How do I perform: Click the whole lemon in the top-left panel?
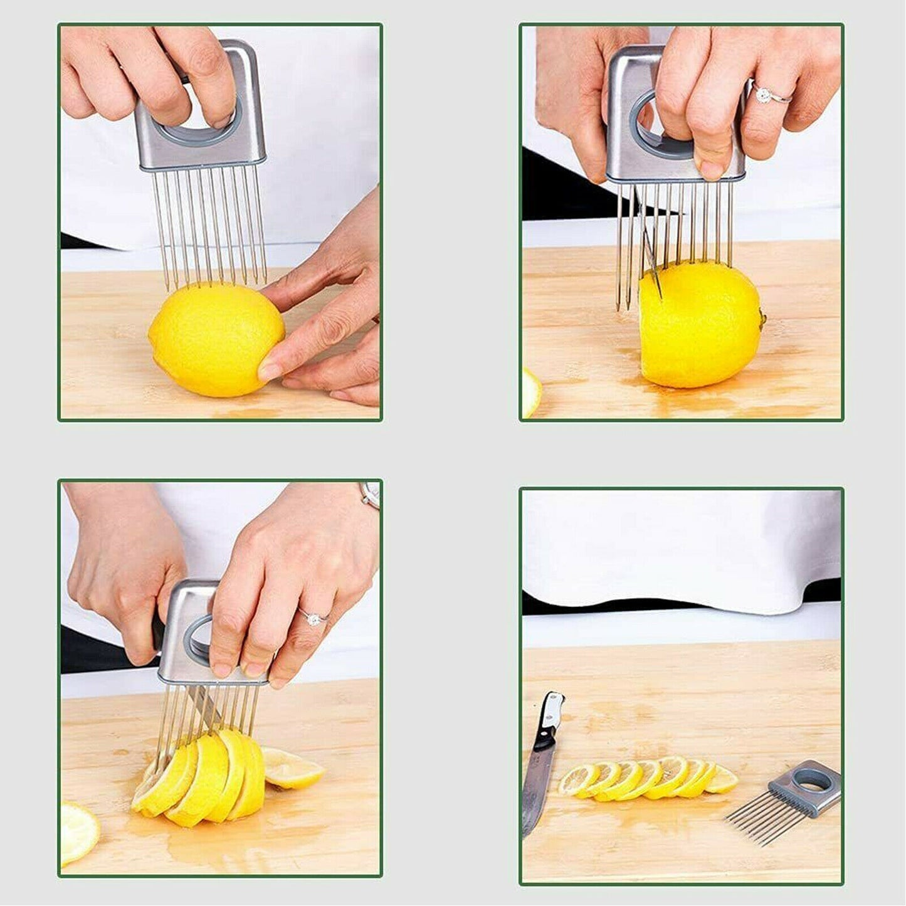click(215, 340)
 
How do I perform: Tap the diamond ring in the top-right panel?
click(764, 95)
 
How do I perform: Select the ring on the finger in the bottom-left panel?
click(312, 618)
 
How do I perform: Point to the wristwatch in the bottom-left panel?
click(370, 495)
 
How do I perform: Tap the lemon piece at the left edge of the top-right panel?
click(530, 392)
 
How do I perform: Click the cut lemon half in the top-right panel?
click(699, 326)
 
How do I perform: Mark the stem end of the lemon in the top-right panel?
click(762, 320)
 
